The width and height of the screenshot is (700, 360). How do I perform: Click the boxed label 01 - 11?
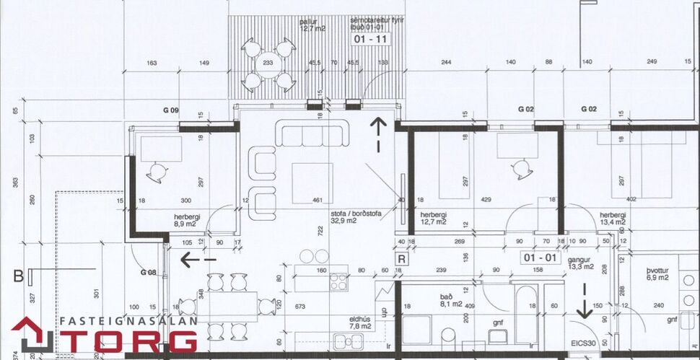pyautogui.click(x=371, y=40)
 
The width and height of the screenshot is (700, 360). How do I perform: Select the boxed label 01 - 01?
pyautogui.click(x=541, y=257)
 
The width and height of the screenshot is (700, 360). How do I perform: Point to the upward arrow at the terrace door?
pyautogui.click(x=377, y=133)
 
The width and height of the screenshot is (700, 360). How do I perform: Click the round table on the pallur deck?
pyautogui.click(x=268, y=63)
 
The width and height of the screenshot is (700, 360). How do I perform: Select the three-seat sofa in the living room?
pyautogui.click(x=313, y=134)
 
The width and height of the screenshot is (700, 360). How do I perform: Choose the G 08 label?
pyautogui.click(x=149, y=273)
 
